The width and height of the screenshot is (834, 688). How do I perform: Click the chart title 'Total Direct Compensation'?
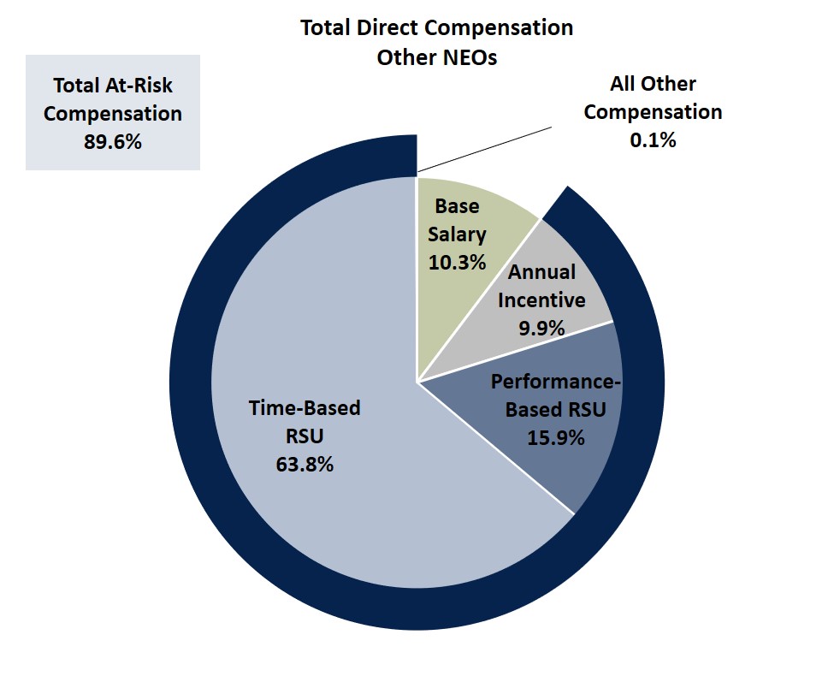coord(436,27)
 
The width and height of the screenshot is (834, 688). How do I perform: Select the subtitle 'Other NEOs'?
coord(436,59)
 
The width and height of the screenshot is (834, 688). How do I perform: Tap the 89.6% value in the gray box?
coord(112,142)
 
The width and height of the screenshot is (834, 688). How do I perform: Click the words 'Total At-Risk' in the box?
coord(112,86)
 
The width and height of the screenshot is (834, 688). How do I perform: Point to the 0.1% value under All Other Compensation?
coord(653,140)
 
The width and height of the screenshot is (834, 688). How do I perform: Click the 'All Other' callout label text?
coord(653,84)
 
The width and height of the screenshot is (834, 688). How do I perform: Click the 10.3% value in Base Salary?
coord(457,261)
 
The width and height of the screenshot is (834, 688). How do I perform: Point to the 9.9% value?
coord(541,328)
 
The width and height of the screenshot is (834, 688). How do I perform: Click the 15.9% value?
coord(555,438)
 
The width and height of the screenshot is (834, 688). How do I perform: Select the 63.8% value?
coord(304,466)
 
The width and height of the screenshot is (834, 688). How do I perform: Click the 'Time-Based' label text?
coord(304,408)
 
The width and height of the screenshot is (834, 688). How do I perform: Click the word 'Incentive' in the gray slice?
coord(541,300)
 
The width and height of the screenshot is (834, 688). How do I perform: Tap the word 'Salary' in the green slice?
coord(457,234)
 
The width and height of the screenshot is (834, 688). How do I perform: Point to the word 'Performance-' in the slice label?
coord(555,382)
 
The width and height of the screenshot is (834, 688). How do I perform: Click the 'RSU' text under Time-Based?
coord(304,436)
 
